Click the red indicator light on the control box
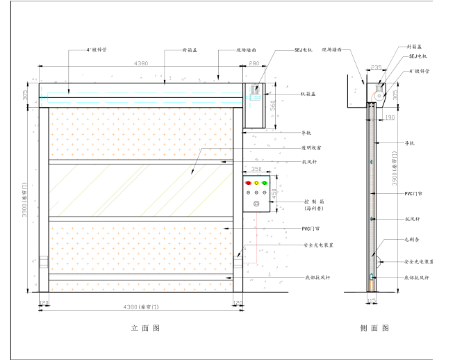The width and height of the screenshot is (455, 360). point(247,183)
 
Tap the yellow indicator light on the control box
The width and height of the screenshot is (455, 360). point(256,183)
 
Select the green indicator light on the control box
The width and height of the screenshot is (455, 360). point(265,183)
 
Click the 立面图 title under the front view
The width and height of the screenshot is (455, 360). point(145,328)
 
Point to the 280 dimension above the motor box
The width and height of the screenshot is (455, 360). point(253,64)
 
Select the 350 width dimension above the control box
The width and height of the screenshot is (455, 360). point(256,169)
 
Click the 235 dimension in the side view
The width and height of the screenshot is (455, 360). point(377,67)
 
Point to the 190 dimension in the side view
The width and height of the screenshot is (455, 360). point(390,117)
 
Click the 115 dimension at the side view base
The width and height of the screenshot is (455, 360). point(371,302)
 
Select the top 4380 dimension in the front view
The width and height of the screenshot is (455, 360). point(140,64)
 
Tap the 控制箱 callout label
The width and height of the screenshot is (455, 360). point(313,200)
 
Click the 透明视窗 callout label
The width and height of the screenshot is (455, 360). point(311,148)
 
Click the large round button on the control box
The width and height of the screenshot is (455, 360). point(256,204)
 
